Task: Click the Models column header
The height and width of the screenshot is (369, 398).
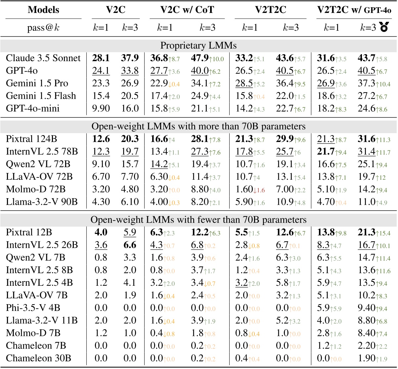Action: tap(43, 10)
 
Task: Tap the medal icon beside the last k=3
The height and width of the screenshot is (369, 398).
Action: tap(384, 28)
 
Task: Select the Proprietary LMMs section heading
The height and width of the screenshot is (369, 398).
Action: tap(199, 46)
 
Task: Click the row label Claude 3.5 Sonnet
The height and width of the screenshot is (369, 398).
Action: tap(43, 58)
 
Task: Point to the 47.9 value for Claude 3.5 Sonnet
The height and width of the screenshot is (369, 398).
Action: tap(200, 58)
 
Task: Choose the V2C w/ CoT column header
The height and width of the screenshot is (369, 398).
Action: tap(187, 10)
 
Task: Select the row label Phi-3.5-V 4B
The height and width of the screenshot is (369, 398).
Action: tap(33, 308)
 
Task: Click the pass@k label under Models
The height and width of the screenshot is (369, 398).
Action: tap(43, 28)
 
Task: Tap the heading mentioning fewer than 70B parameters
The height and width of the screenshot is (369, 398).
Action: tap(199, 220)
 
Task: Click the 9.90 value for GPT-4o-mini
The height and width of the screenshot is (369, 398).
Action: tap(101, 108)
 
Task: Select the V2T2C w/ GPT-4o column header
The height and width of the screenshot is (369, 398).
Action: tap(354, 10)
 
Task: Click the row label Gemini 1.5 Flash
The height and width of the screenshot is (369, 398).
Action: tap(41, 96)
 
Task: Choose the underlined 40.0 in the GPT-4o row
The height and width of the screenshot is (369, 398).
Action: tap(200, 71)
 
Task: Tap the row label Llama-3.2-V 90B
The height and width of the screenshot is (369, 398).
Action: tap(42, 202)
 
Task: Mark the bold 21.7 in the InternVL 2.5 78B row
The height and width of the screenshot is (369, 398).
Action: tap(326, 151)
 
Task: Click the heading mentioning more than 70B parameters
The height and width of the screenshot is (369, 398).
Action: tap(199, 126)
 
